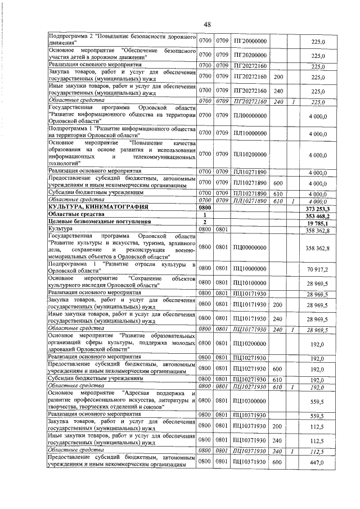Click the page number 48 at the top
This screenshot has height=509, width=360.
tap(206, 24)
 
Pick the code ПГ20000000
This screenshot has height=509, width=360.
tap(249, 40)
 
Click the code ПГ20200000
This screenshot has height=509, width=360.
tap(249, 55)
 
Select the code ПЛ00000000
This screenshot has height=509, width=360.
tap(249, 115)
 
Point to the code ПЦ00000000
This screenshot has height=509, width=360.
tap(249, 247)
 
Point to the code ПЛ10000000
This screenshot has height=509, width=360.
tap(249, 134)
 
